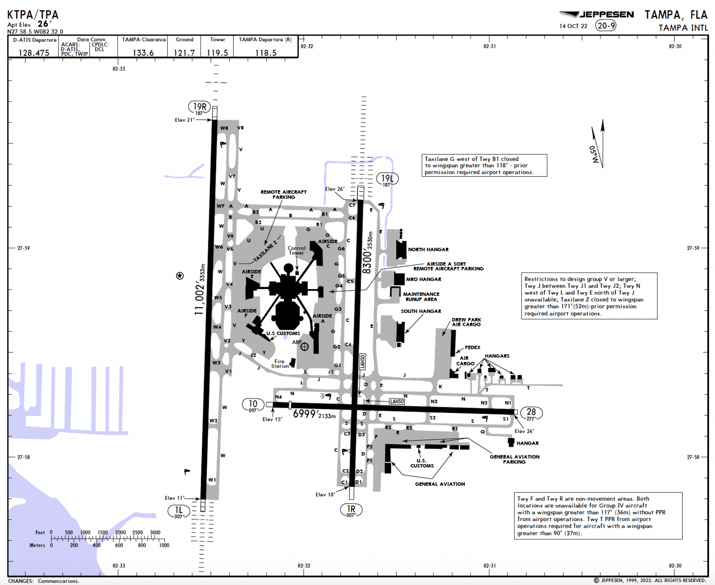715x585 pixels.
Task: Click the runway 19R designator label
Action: point(199,107)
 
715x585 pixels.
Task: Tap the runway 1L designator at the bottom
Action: point(178,510)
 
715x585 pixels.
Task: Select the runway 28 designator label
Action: point(531,413)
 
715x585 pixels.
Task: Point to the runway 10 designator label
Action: point(253,404)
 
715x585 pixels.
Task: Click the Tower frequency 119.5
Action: point(217,53)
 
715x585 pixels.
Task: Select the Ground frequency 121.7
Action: point(184,53)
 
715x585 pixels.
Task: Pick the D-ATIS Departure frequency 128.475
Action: point(34,53)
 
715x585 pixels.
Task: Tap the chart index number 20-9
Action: point(606,26)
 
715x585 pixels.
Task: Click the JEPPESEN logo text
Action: point(606,15)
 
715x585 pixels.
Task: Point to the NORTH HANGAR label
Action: point(428,250)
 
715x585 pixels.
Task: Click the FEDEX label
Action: point(472,348)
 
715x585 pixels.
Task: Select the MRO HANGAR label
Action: point(424,279)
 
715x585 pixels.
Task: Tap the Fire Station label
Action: point(280,364)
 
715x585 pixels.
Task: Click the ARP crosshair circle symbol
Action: point(304,347)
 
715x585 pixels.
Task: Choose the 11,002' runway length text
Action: point(199,297)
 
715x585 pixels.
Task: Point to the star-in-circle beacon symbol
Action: point(180,276)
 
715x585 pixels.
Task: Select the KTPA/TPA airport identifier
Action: point(33,15)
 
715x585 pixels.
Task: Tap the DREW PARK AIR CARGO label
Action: point(466,322)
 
